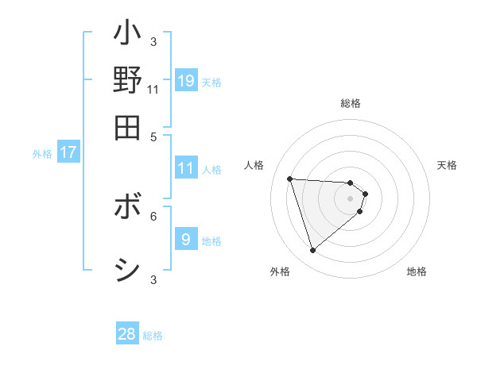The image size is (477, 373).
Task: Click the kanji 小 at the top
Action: (x=127, y=36)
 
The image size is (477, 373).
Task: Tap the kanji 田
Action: (x=127, y=126)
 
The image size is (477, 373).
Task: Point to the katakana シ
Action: (x=127, y=270)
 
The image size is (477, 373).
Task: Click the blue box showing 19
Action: (x=186, y=80)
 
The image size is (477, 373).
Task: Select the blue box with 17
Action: (x=68, y=152)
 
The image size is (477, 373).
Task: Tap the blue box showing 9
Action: (x=186, y=239)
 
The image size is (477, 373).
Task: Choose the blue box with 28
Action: (x=127, y=334)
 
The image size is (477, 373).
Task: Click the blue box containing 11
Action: (x=186, y=168)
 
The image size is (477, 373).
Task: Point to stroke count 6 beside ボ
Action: (x=153, y=215)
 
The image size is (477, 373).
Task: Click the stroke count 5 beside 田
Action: (x=153, y=136)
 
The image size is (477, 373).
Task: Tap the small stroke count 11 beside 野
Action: (x=153, y=90)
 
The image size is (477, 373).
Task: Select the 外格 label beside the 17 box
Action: (x=42, y=154)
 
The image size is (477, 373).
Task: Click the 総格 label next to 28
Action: (x=153, y=336)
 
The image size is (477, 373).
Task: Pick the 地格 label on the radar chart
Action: (x=417, y=271)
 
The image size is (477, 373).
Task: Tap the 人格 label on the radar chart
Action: (x=254, y=165)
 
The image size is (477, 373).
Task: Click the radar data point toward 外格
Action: (x=313, y=250)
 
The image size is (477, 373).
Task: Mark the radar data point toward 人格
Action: (x=290, y=179)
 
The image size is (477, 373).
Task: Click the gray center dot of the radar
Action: (x=350, y=198)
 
